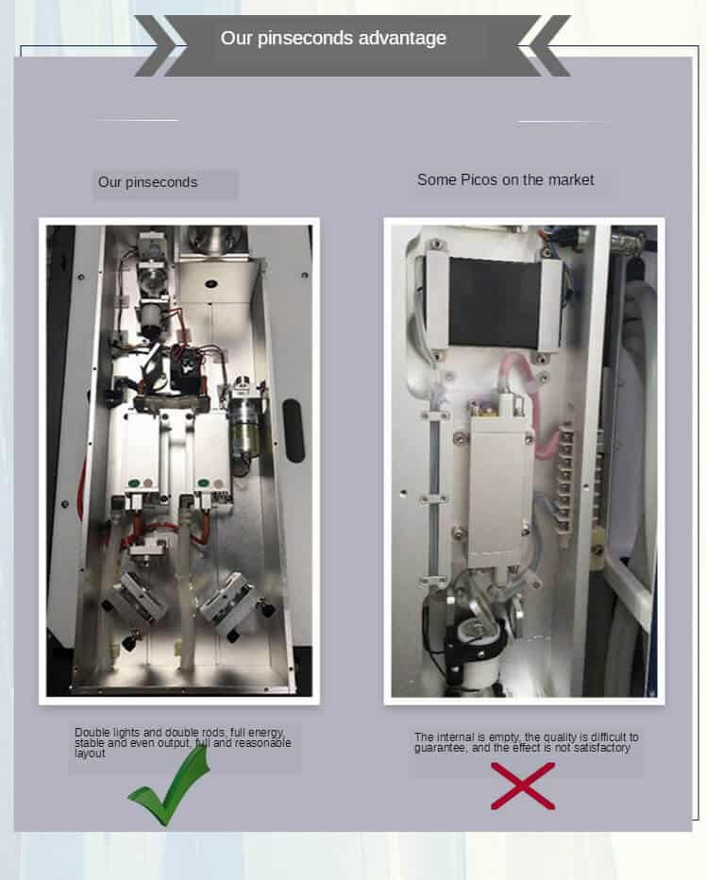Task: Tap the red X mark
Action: [523, 786]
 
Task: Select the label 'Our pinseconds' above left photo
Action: [147, 182]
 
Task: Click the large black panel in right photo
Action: [495, 302]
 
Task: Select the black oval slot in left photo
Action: [294, 431]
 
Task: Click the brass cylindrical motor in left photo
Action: [245, 432]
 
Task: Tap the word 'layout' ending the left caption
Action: [90, 753]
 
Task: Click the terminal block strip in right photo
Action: [564, 481]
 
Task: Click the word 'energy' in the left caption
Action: [266, 733]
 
